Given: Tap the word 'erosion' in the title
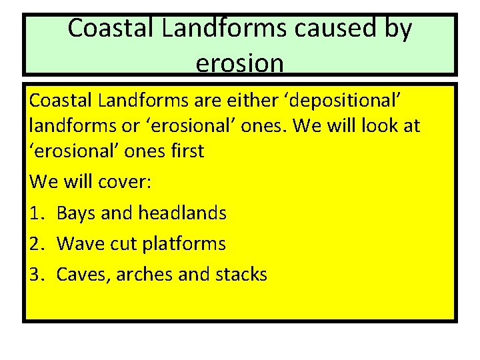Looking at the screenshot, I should [240, 63].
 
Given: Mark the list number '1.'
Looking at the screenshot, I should [37, 213].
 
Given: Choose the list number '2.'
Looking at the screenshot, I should [37, 244].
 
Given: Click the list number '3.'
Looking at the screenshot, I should [37, 274].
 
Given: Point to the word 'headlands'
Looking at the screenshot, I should [182, 213].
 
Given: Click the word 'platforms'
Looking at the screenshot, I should [185, 245].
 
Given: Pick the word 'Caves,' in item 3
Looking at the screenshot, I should [84, 275].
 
